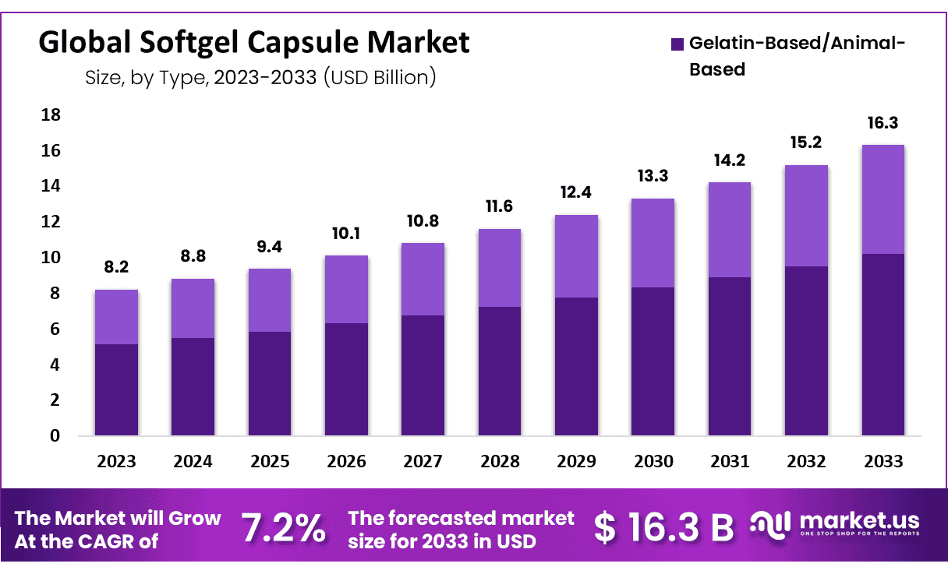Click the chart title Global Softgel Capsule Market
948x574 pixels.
coord(254,43)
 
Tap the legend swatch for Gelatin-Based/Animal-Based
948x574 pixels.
coord(677,44)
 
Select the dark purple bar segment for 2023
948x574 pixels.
coord(116,389)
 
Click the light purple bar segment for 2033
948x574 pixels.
coord(883,199)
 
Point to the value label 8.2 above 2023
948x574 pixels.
coord(116,268)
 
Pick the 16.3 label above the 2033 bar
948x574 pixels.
coord(883,123)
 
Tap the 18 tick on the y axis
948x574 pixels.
coord(50,115)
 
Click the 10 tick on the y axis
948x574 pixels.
coord(50,258)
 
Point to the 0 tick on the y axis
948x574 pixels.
coord(55,436)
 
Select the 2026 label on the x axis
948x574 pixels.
coord(346,461)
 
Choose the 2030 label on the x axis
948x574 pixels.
coord(653,461)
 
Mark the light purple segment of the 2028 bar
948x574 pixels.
coord(500,268)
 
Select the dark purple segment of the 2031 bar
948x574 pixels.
coord(730,356)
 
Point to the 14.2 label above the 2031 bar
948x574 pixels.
coord(730,160)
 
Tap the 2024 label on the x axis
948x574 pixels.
coord(193,461)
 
